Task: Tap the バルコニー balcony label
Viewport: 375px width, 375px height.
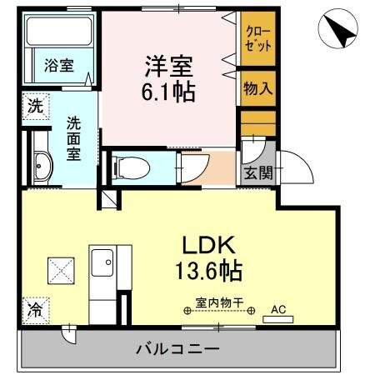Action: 177,349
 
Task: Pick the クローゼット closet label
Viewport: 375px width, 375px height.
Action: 255,38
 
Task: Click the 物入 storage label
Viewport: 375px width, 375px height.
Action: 255,87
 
